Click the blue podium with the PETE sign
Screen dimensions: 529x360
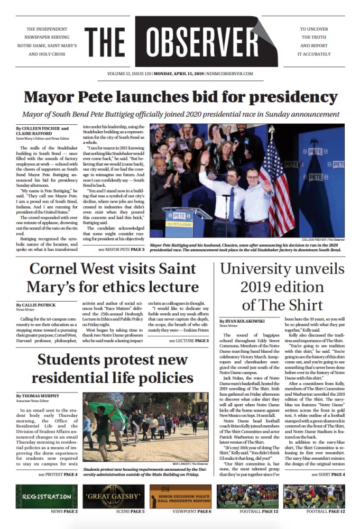pyautogui.click(x=180, y=223)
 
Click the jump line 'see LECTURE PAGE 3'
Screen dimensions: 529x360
pyautogui.click(x=188, y=341)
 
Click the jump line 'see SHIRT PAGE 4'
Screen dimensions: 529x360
pyautogui.click(x=324, y=474)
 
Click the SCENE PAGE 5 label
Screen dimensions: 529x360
pyautogui.click(x=130, y=512)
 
